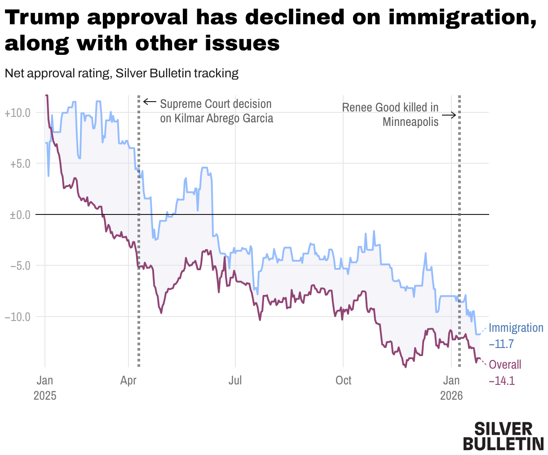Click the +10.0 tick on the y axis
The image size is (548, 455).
[18, 113]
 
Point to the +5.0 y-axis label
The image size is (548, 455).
[20, 164]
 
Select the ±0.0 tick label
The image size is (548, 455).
[20, 215]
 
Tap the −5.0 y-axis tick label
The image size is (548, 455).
[20, 266]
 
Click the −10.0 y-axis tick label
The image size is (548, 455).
[18, 317]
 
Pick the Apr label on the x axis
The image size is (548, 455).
[128, 381]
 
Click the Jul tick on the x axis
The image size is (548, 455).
[235, 381]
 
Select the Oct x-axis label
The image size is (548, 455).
[344, 381]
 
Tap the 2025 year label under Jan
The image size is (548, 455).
[45, 396]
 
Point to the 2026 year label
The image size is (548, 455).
[452, 396]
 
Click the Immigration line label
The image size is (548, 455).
[516, 328]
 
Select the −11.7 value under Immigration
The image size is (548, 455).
[501, 344]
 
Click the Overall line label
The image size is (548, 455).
[505, 365]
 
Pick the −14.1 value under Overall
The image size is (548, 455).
[501, 381]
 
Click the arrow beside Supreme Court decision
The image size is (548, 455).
[150, 102]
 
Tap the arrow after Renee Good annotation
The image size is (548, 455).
[449, 115]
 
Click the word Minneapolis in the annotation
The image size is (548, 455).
[411, 122]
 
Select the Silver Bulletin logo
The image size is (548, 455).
[503, 436]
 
